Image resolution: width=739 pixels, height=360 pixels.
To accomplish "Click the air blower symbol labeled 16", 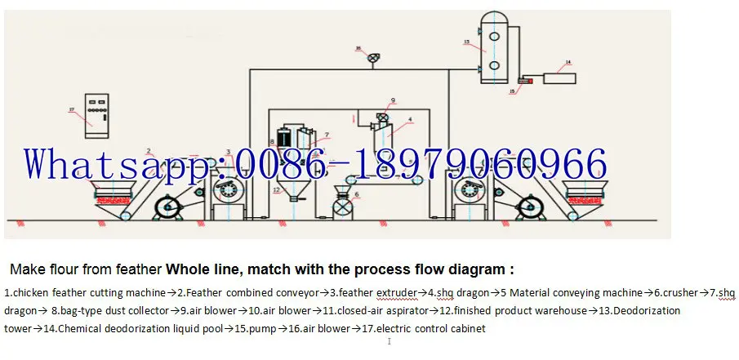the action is [x=372, y=58].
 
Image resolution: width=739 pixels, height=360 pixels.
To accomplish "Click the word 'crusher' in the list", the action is [x=679, y=291].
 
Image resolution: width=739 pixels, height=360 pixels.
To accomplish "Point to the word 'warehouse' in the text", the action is [x=562, y=310].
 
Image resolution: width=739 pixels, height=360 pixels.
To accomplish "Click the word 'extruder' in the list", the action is [x=394, y=291].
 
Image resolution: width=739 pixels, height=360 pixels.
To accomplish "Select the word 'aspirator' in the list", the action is [x=417, y=310].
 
